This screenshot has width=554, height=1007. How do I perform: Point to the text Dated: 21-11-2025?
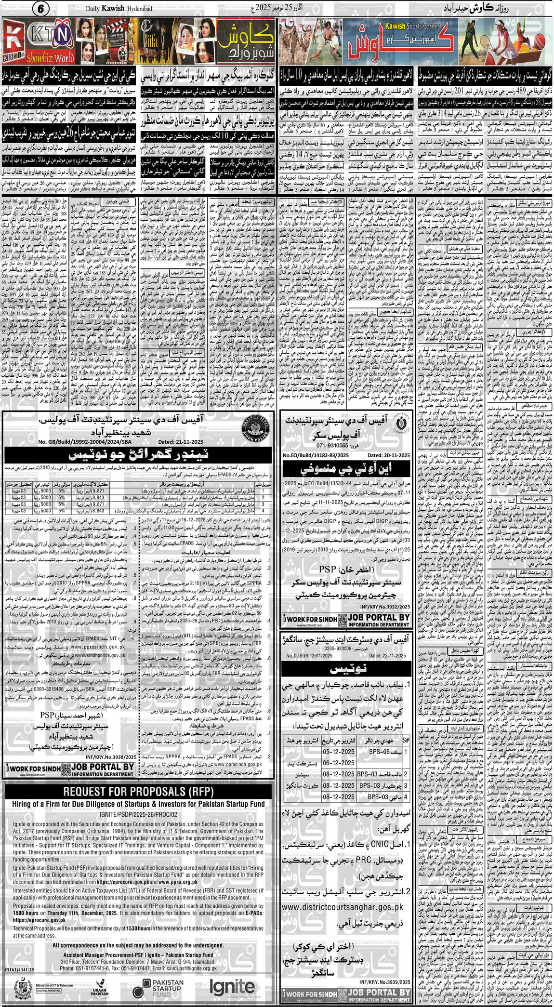pos(181,442)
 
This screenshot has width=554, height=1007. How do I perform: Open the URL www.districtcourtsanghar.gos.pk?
pos(343,907)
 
